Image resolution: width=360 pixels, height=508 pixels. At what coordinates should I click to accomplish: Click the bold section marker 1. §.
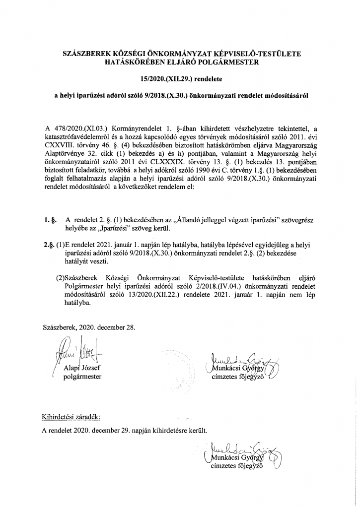click(49, 219)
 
